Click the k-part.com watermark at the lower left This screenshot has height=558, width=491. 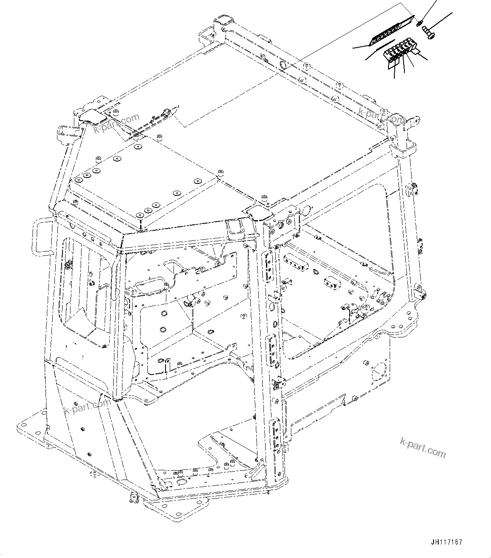click(86, 407)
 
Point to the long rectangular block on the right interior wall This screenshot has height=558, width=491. click(297, 261)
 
